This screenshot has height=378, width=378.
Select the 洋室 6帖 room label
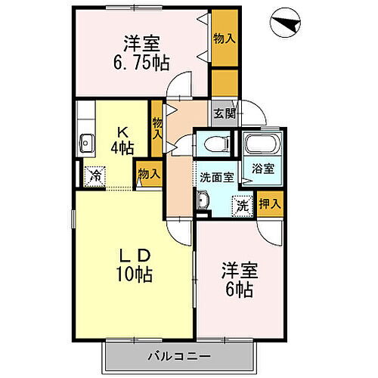237,277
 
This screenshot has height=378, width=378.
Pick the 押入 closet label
270,203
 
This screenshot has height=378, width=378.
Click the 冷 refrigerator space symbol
94,175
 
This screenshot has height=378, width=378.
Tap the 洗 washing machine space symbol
241,203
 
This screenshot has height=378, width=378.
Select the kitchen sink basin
86,142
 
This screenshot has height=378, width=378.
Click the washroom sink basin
202,201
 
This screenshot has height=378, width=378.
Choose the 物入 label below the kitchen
148,174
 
